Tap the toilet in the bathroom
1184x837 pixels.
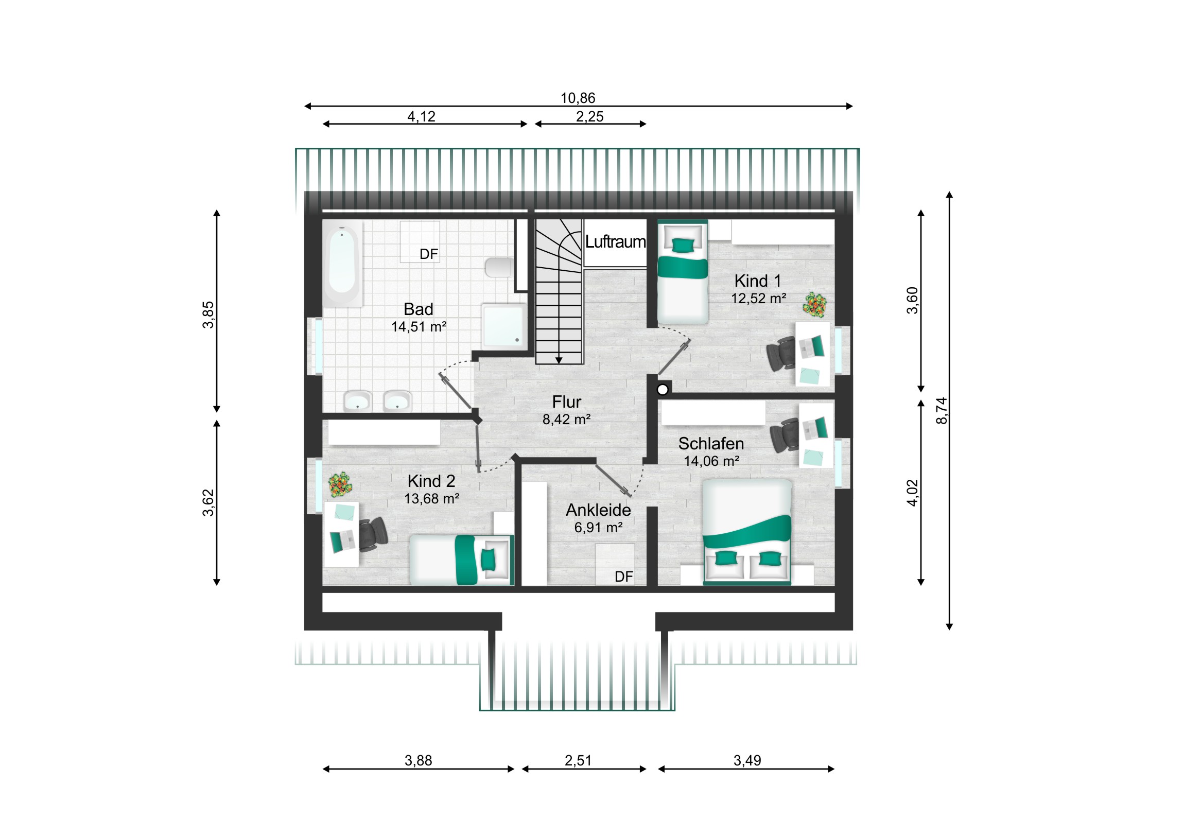click(x=498, y=267)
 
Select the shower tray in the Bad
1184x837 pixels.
click(x=504, y=326)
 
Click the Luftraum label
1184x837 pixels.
click(x=615, y=241)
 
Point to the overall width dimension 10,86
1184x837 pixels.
click(x=578, y=98)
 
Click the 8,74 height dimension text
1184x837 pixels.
click(x=942, y=410)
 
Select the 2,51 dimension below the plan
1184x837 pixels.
click(x=578, y=760)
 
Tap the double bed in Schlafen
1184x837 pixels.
click(x=747, y=532)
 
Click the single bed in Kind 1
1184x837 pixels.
click(x=682, y=272)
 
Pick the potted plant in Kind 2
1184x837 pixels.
click(x=340, y=485)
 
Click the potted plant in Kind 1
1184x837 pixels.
click(x=814, y=304)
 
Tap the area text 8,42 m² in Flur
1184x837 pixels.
click(x=566, y=420)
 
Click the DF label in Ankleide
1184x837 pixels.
click(x=623, y=577)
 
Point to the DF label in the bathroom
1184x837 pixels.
click(x=428, y=254)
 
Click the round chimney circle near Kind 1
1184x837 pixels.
click(x=663, y=389)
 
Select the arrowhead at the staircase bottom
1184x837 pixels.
click(x=559, y=360)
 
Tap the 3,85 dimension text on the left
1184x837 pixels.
click(x=208, y=315)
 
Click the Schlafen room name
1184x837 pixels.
click(x=710, y=444)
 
